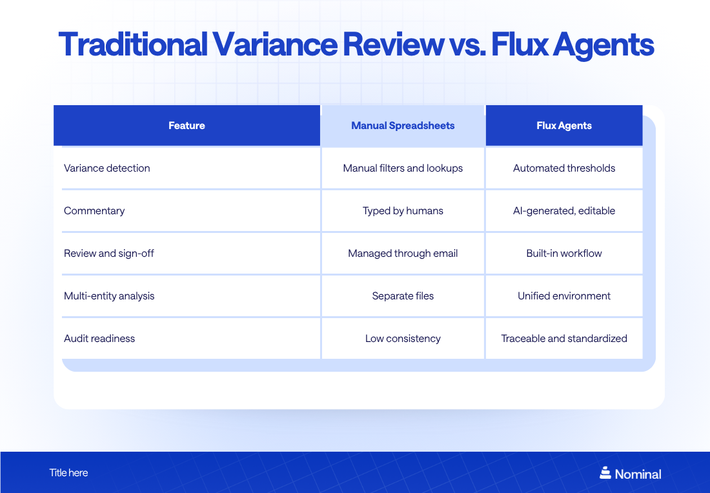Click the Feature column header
[x=187, y=126]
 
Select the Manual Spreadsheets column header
[x=403, y=126]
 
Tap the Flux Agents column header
[x=564, y=126]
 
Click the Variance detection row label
[x=107, y=168]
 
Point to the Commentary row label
[x=94, y=211]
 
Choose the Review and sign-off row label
[x=109, y=254]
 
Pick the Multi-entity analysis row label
[x=109, y=296]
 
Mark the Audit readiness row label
[x=99, y=339]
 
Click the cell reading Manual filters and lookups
[x=403, y=168]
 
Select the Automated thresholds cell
[x=564, y=168]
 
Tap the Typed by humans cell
[x=403, y=211]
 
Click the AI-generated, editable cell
[x=564, y=211]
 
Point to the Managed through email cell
[x=403, y=254]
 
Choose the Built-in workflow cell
[x=564, y=254]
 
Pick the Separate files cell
[x=403, y=296]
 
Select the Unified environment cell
[x=564, y=296]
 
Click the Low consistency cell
[x=403, y=339]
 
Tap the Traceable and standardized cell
[x=564, y=339]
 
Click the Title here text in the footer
[x=68, y=473]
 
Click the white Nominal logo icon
[x=605, y=473]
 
